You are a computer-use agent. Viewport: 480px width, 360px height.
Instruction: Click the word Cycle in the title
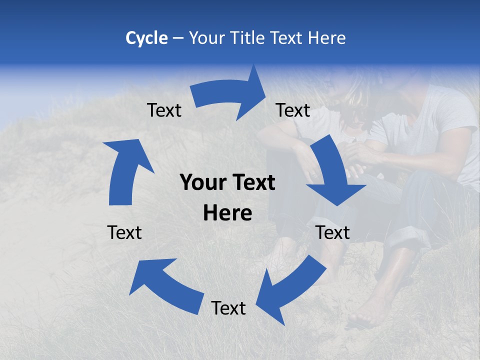[146, 38]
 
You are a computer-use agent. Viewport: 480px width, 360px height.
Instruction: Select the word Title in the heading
[250, 38]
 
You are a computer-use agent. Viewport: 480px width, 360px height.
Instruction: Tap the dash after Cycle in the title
[178, 38]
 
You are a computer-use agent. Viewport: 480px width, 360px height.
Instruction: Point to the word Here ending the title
[327, 38]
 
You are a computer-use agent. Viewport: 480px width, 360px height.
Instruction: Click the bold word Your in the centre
[202, 182]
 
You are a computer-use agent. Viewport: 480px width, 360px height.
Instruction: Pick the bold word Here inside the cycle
[227, 213]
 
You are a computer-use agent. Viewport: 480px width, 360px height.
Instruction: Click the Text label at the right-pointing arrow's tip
[293, 110]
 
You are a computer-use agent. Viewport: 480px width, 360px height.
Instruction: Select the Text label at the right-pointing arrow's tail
[164, 110]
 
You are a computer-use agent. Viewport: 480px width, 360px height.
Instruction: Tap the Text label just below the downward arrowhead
[333, 232]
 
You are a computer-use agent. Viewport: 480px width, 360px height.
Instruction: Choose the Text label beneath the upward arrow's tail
[125, 232]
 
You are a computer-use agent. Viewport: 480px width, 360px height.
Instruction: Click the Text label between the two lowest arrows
[228, 308]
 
